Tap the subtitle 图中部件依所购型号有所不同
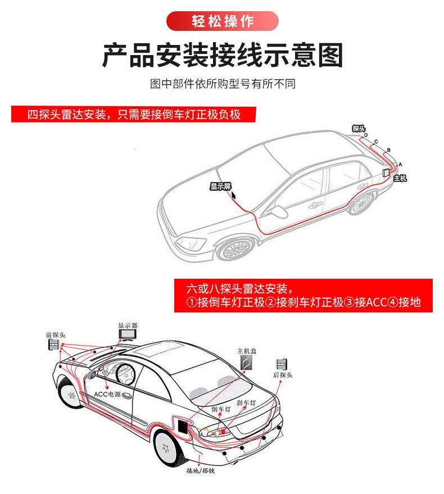[x=223, y=84]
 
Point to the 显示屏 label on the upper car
[x=220, y=187]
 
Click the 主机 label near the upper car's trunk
[x=400, y=178]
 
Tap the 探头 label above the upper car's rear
[x=359, y=129]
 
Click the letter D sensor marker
[x=366, y=135]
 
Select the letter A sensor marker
[x=400, y=163]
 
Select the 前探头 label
[x=55, y=335]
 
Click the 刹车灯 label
[x=246, y=404]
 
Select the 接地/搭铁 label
[x=201, y=470]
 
